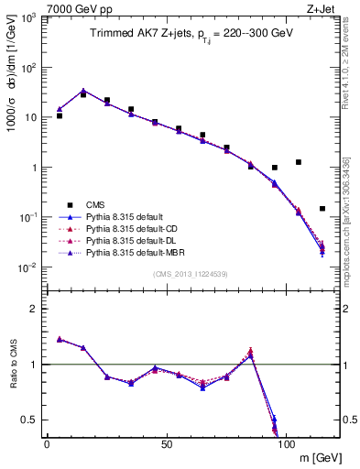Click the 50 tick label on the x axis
pos(166,443)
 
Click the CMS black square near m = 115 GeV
pos(322,209)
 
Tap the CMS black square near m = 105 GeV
pos(299,162)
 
